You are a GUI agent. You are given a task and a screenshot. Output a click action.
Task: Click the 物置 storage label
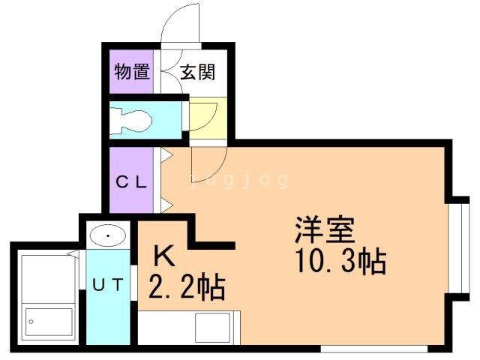pos(132,72)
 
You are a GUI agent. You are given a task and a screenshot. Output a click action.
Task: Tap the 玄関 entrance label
pos(198,72)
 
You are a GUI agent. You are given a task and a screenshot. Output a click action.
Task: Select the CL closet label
pos(131,182)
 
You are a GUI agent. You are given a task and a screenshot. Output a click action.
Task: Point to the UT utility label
pos(108,285)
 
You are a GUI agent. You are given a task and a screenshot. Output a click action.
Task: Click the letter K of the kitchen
pos(164,256)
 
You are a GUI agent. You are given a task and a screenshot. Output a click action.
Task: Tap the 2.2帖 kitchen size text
pos(187,287)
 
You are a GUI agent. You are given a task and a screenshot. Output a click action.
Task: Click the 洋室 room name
pos(325,229)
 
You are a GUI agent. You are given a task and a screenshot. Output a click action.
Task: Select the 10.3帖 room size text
pos(341,262)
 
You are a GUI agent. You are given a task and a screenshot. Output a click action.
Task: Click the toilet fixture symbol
pos(131,121)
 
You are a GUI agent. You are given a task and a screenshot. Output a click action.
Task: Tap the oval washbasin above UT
pos(108,235)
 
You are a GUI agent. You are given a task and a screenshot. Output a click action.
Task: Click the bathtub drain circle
pos(31,322)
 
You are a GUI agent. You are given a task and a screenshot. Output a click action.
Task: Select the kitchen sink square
pos(213,328)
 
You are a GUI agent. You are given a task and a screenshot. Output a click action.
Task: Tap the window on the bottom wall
pos(374,349)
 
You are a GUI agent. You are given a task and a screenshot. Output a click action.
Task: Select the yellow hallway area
pos(208,118)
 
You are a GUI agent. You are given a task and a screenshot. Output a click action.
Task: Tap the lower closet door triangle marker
pos(166,205)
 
